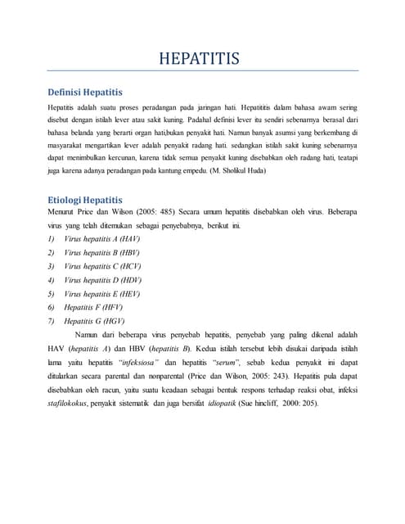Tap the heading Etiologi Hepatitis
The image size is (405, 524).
tap(85, 199)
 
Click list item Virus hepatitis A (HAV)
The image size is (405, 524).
tap(96, 237)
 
